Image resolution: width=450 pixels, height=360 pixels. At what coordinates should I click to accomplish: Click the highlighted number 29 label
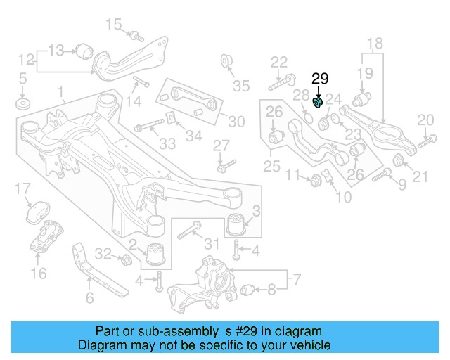point(320,80)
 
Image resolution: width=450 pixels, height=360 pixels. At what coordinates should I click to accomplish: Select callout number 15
point(113,25)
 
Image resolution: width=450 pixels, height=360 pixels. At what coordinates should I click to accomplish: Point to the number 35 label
point(241,86)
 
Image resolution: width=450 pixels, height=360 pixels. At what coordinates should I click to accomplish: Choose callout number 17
point(23,188)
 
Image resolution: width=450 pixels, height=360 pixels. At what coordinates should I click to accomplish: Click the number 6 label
point(89,298)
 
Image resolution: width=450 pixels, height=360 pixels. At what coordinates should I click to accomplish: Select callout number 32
point(103,253)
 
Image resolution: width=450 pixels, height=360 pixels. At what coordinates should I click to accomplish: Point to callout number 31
point(212,243)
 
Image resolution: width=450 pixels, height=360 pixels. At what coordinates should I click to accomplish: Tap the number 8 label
point(271,288)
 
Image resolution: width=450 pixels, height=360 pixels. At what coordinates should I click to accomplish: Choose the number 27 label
point(221,146)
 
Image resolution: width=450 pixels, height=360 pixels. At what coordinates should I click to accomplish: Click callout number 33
point(167,144)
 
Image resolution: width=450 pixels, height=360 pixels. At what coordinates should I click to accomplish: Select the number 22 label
point(279,62)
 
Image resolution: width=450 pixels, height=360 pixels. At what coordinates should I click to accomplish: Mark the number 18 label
point(374,42)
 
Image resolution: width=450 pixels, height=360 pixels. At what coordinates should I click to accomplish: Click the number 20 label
point(425,120)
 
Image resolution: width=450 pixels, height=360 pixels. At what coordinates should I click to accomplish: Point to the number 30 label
point(236,122)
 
